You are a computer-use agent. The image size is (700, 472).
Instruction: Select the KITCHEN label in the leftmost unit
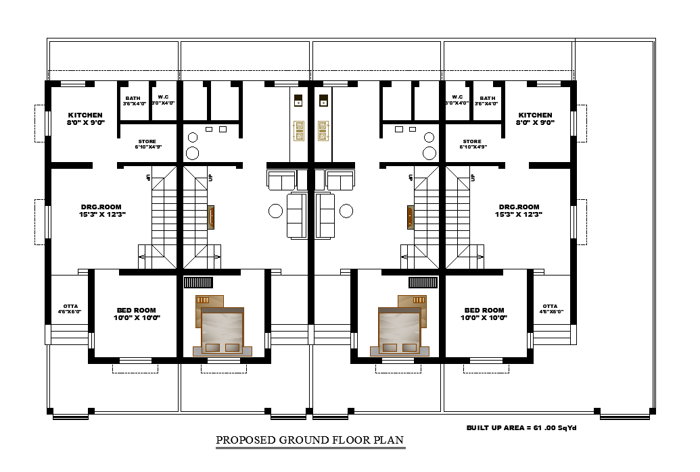(x=85, y=115)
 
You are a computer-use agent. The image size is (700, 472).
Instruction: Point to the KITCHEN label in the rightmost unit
(x=535, y=115)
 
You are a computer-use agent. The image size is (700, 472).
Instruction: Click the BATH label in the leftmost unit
(x=133, y=98)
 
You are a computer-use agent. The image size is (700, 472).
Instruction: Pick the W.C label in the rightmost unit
(x=457, y=98)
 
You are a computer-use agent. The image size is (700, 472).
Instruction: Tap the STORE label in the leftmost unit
(x=147, y=142)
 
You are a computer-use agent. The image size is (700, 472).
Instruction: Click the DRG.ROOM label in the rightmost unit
(x=519, y=207)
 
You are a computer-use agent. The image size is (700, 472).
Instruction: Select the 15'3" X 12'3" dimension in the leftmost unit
(x=102, y=214)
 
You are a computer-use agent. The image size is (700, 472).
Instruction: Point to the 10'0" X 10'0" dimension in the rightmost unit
(x=484, y=317)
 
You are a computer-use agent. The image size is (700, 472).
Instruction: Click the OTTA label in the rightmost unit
(x=550, y=306)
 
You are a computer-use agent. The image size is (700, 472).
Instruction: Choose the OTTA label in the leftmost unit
(x=70, y=306)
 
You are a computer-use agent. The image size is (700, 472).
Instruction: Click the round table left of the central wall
(x=275, y=211)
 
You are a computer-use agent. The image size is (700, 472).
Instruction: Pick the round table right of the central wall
(x=346, y=211)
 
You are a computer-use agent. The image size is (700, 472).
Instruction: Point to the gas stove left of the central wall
(x=298, y=130)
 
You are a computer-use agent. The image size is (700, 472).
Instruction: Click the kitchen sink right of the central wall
(x=323, y=102)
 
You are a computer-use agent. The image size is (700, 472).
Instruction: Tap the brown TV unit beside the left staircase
(x=211, y=217)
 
